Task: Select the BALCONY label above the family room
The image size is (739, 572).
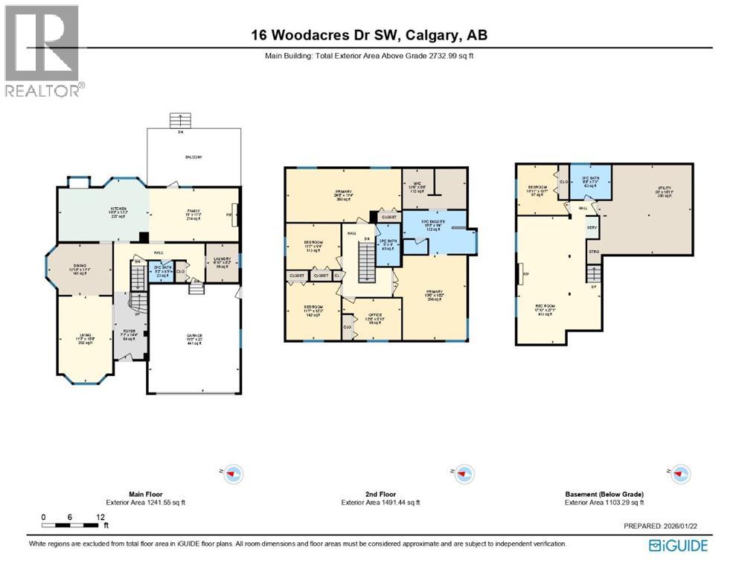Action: [194, 157]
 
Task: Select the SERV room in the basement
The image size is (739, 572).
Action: [592, 227]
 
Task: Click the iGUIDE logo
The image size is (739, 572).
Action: [678, 546]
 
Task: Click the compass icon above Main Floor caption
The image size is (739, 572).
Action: [234, 473]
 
